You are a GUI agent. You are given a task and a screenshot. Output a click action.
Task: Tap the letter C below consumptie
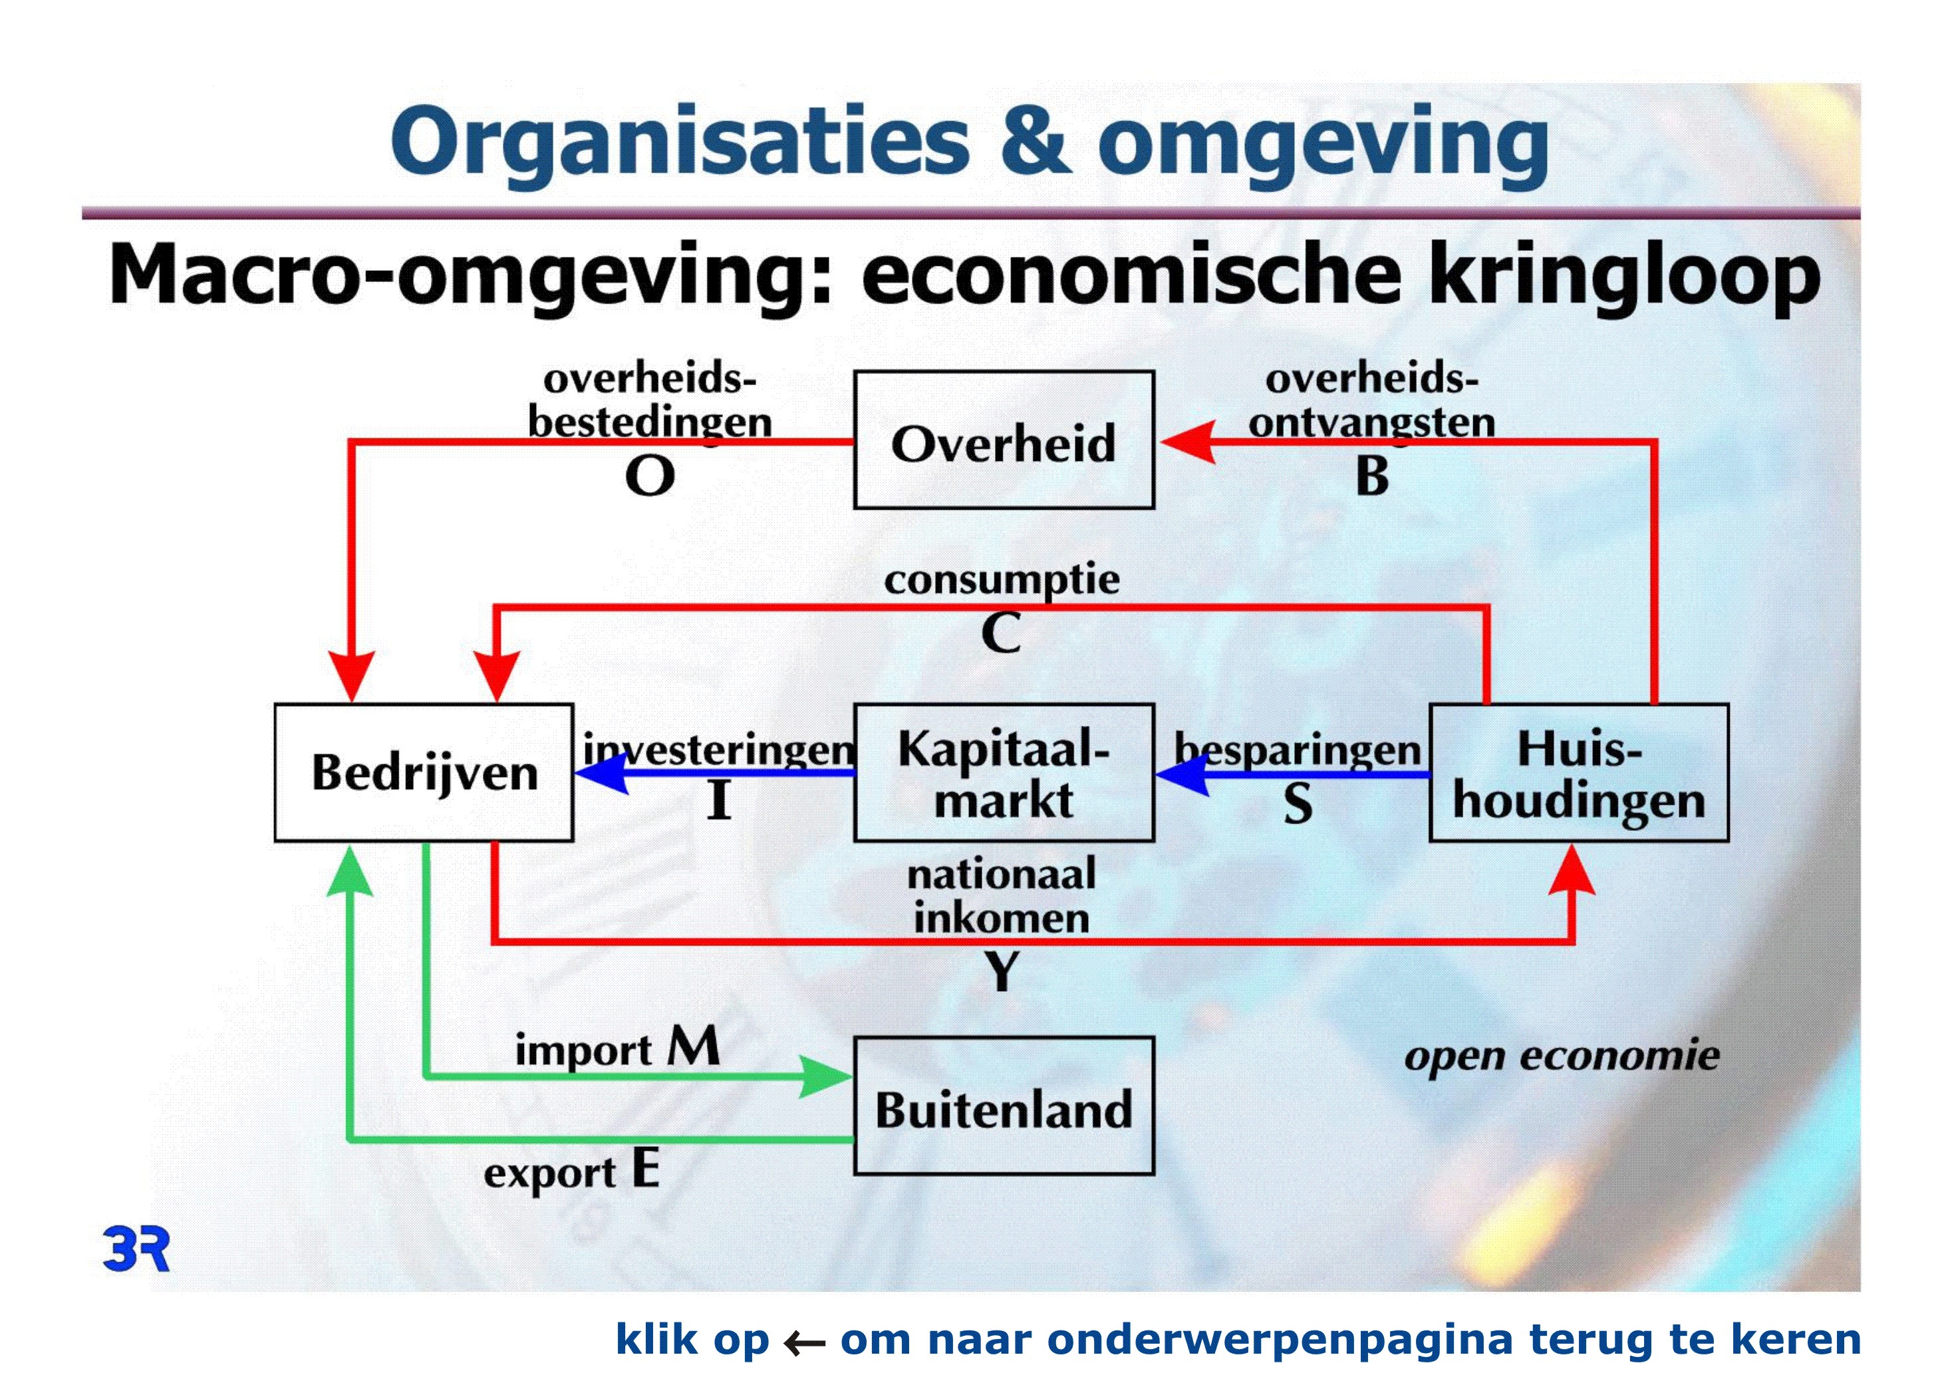point(1002,633)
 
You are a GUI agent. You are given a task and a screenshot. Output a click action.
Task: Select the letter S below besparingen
point(1298,803)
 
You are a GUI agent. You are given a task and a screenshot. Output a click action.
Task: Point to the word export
point(551,1174)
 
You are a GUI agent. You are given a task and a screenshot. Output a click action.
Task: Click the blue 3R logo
point(136,1248)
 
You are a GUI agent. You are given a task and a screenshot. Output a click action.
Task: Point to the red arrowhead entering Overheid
point(1188,441)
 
